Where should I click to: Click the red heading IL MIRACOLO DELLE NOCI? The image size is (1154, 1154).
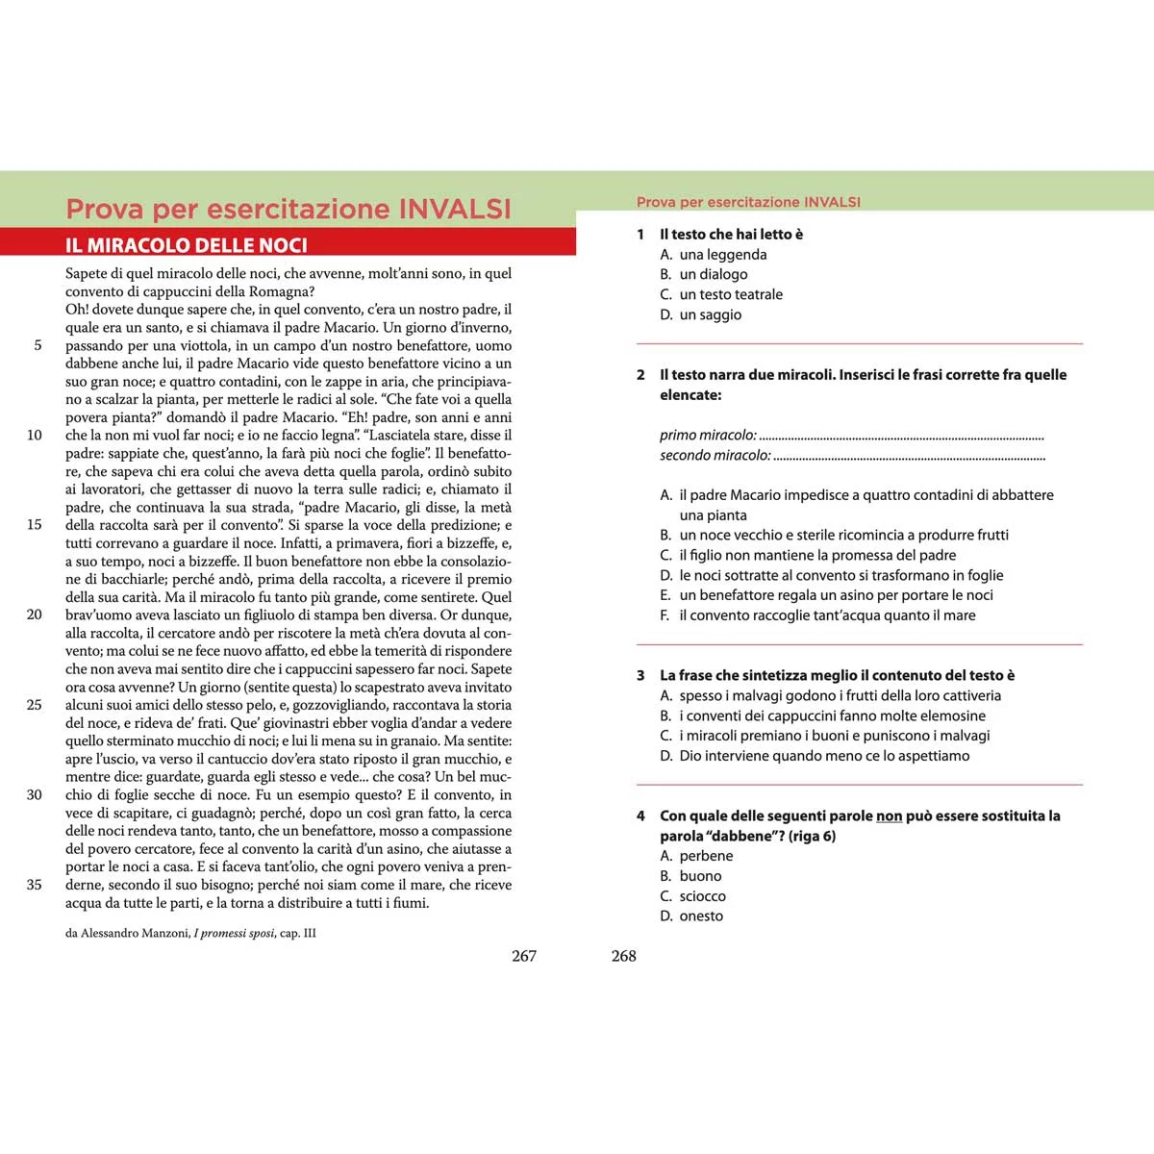point(187,245)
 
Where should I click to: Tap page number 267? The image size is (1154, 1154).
point(524,956)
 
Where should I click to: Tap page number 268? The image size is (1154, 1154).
point(624,956)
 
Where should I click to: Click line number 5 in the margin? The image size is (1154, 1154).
point(38,345)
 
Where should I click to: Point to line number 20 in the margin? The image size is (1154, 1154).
point(35,615)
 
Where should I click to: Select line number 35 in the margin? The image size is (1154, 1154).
point(35,885)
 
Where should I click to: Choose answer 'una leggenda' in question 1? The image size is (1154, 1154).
point(722,255)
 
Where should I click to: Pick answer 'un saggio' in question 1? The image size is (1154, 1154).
point(710,314)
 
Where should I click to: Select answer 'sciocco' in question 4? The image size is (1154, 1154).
point(702,896)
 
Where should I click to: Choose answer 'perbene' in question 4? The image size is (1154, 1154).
point(706,856)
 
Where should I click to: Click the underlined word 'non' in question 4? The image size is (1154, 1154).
point(889,816)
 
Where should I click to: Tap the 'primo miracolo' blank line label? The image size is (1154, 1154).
point(708,436)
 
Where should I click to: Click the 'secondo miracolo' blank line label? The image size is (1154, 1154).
point(715,456)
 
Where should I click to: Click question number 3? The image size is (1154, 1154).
point(640,676)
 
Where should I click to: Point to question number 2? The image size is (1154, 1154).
point(640,375)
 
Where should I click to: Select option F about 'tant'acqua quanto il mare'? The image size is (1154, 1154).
point(827,615)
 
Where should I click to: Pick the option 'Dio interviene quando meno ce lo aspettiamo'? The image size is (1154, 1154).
point(824,756)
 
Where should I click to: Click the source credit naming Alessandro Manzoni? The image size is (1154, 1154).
point(190,933)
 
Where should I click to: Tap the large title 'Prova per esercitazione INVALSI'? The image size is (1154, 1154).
point(288,209)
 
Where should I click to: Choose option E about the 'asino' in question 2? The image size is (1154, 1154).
point(836,595)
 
